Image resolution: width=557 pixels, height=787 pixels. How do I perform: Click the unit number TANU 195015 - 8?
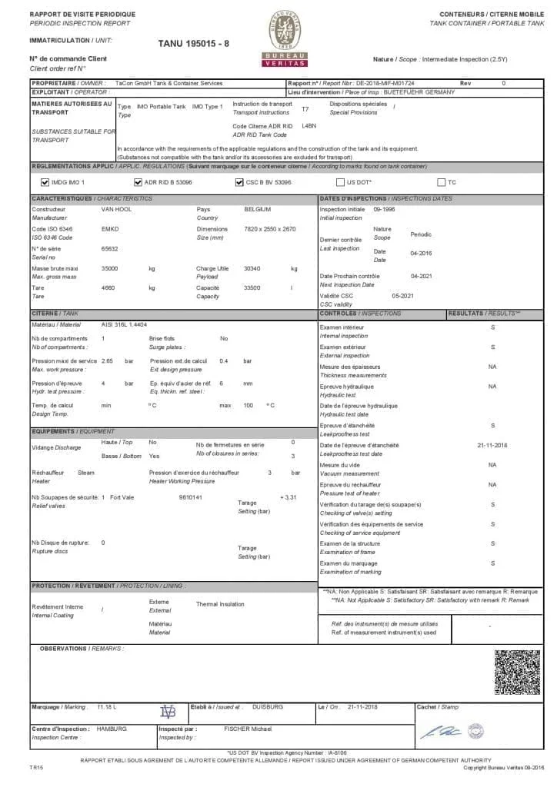pyautogui.click(x=193, y=44)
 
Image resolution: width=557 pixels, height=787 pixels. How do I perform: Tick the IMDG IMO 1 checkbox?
pyautogui.click(x=44, y=182)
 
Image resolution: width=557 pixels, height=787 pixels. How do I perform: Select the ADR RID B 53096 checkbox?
pyautogui.click(x=138, y=182)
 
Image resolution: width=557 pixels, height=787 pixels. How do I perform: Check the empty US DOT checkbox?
pyautogui.click(x=340, y=182)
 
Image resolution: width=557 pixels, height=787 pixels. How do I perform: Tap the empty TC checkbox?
pyautogui.click(x=441, y=182)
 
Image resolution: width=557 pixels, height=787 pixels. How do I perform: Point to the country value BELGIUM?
pyautogui.click(x=257, y=209)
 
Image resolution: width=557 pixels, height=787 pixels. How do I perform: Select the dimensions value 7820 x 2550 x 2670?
pyautogui.click(x=269, y=229)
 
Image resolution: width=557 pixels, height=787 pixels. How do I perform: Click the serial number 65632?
pyautogui.click(x=109, y=248)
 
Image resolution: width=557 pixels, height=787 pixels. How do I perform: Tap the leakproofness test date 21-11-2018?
pyautogui.click(x=492, y=445)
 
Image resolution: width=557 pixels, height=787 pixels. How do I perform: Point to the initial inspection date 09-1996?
pyautogui.click(x=385, y=209)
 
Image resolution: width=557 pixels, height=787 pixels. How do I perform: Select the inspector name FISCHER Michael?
pyautogui.click(x=248, y=728)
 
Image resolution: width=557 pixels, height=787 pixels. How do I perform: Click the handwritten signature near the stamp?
pyautogui.click(x=445, y=729)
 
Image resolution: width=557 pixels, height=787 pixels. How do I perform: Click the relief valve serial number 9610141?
pyautogui.click(x=190, y=497)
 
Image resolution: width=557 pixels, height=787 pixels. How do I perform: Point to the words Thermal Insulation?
pyautogui.click(x=220, y=604)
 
